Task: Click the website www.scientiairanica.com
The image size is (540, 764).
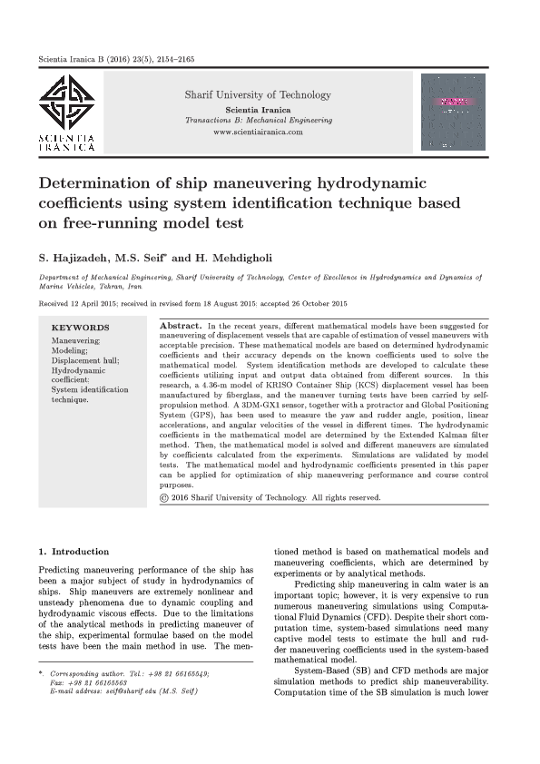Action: [258, 132]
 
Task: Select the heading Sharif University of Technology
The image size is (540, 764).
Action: [258, 95]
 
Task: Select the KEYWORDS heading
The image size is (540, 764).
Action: [80, 328]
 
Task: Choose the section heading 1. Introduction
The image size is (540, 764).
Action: [74, 551]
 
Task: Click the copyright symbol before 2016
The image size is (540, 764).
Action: [163, 497]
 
